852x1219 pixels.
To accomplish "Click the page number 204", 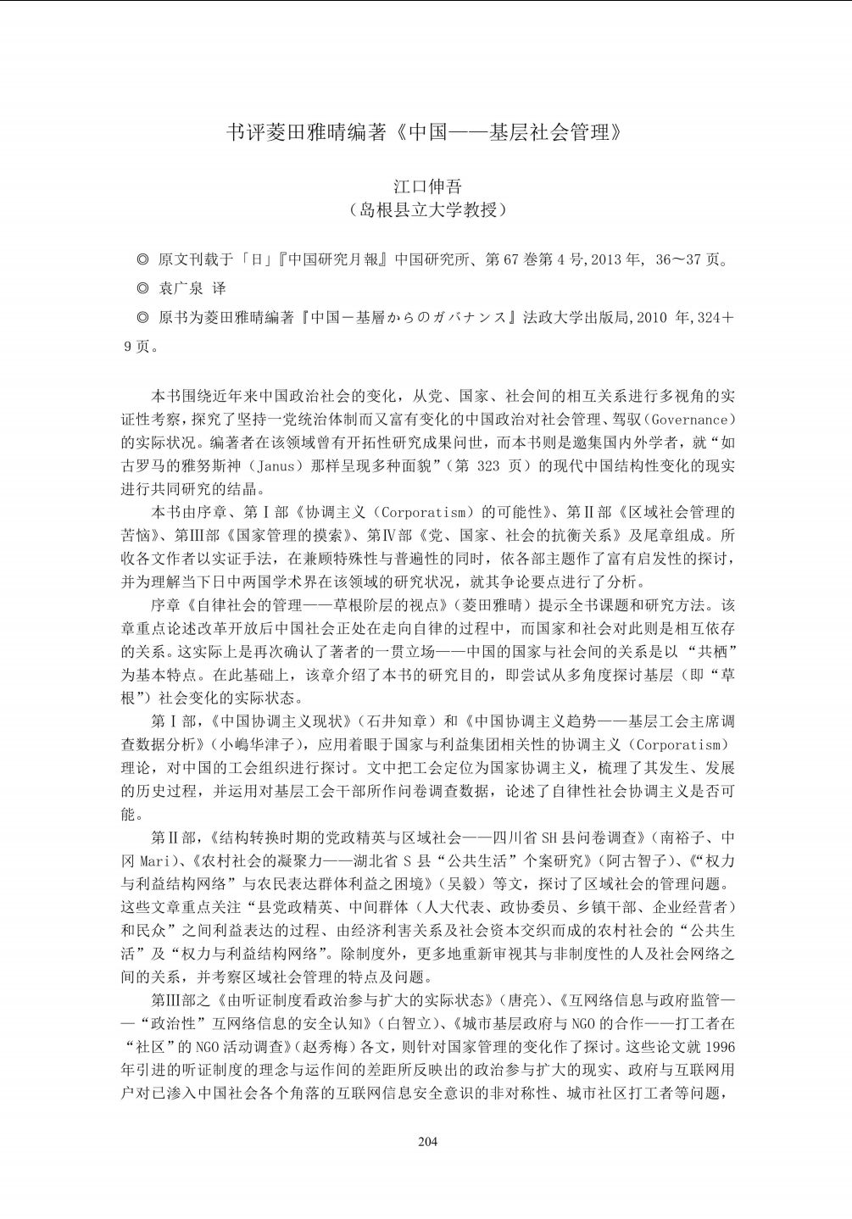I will (427, 1140).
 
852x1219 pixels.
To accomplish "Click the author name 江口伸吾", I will (426, 186).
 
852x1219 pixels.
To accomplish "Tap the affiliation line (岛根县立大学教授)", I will (427, 211).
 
